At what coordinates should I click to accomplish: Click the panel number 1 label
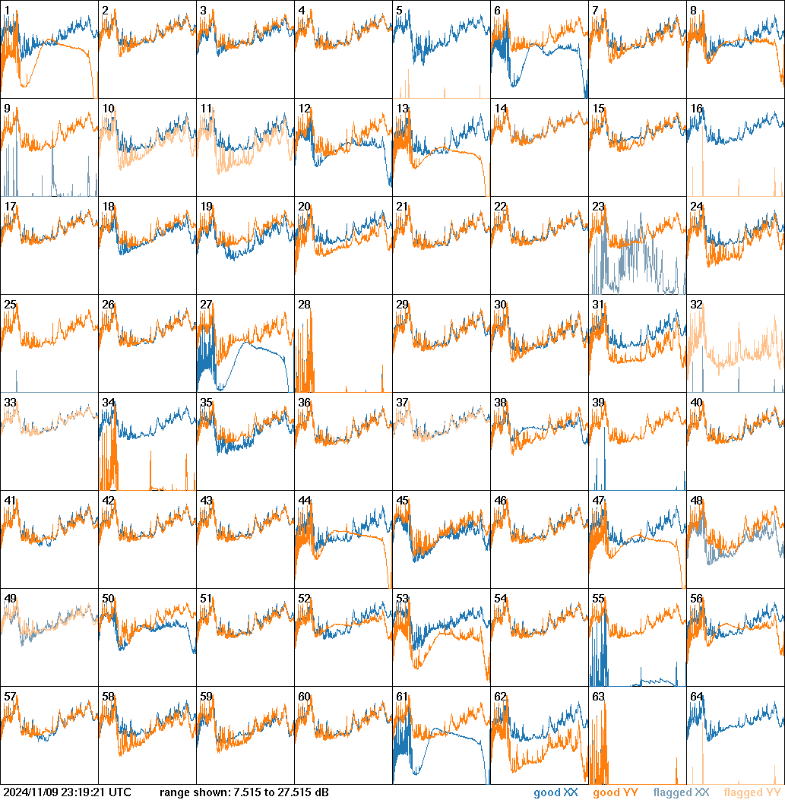point(7,11)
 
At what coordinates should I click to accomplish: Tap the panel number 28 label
point(304,305)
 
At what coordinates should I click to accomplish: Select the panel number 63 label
point(598,697)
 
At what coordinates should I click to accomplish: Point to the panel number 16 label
point(696,109)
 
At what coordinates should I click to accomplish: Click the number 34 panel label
point(108,403)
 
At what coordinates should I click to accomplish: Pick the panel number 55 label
point(598,599)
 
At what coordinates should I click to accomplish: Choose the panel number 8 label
point(693,11)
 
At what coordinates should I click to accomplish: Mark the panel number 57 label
point(10,697)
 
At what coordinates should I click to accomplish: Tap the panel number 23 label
point(598,207)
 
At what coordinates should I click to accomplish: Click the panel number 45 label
point(402,501)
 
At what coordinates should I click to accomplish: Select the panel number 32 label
point(696,305)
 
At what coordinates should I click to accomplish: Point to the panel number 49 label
point(10,599)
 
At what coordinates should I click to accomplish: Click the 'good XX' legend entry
point(558,793)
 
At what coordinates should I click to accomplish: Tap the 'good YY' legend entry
point(616,793)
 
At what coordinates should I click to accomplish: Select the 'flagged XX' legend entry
point(681,793)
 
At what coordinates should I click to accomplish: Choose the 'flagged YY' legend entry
point(752,793)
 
